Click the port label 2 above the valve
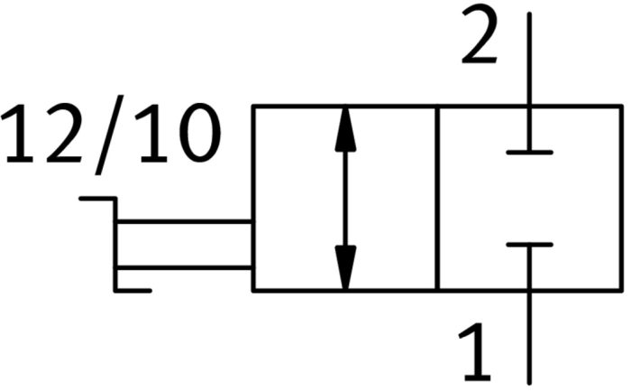click(479, 35)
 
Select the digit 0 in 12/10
click(200, 133)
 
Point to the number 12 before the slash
click(41, 133)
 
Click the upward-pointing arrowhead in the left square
click(345, 129)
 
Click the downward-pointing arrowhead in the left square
click(345, 267)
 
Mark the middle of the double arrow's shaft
click(345, 199)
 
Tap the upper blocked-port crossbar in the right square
click(530, 153)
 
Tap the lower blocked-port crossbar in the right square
click(530, 245)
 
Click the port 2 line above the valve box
click(530, 59)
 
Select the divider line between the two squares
click(437, 198)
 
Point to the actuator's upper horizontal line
click(184, 221)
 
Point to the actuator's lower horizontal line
click(184, 267)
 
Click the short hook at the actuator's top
click(97, 199)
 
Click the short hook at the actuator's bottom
click(133, 290)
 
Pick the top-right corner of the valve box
click(621, 107)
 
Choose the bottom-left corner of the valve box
click(253, 290)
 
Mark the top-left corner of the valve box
click(253, 107)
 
